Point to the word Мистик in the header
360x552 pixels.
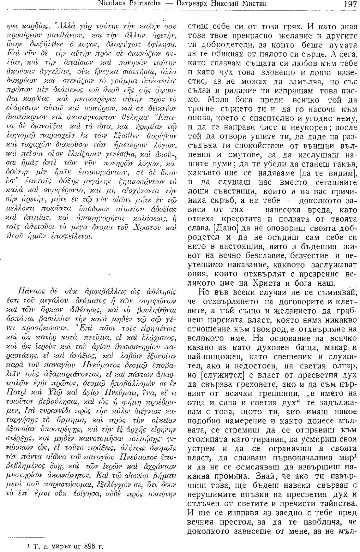coord(254,4)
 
